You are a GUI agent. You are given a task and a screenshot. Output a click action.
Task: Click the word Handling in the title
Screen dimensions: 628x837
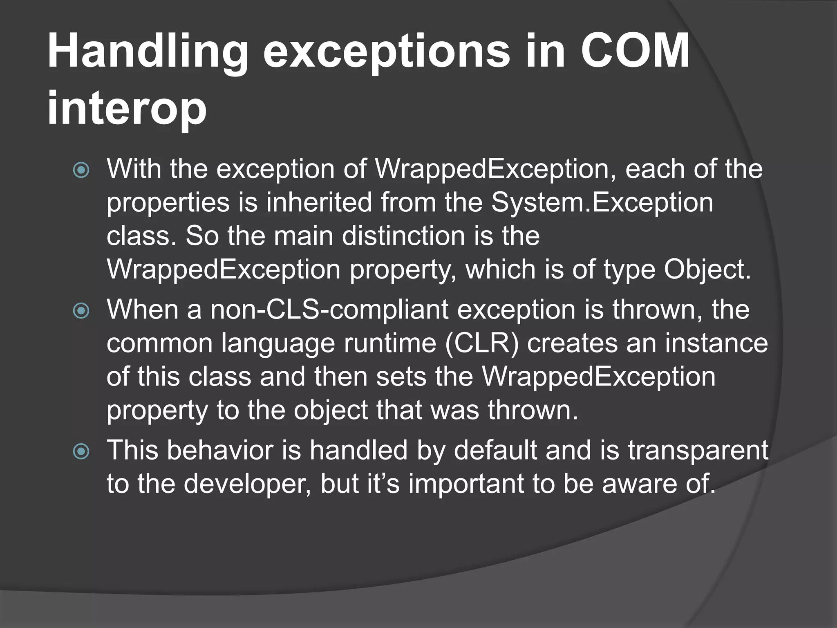pyautogui.click(x=148, y=53)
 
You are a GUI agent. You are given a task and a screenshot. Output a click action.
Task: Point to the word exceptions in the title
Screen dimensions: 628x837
pyautogui.click(x=386, y=53)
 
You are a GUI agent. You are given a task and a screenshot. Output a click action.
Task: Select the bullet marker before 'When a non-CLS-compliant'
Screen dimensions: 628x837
pyautogui.click(x=81, y=311)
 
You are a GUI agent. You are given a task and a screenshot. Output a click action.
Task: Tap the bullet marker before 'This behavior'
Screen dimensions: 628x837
pyautogui.click(x=81, y=452)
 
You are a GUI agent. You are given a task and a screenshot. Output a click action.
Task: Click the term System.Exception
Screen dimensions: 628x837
pyautogui.click(x=602, y=202)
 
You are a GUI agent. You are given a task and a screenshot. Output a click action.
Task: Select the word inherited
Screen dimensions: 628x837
pyautogui.click(x=319, y=202)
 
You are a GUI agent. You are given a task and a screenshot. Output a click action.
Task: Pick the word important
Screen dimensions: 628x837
pyautogui.click(x=466, y=484)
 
